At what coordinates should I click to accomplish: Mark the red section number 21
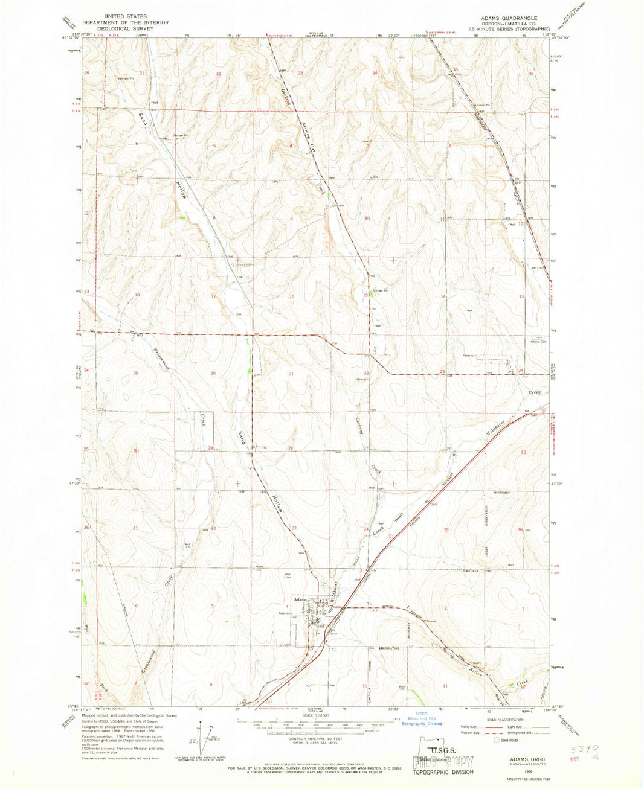pos(292,374)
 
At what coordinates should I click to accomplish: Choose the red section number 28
pos(290,448)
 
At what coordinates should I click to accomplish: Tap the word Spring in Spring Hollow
pos(448,653)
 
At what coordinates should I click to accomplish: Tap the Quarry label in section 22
pos(362,379)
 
